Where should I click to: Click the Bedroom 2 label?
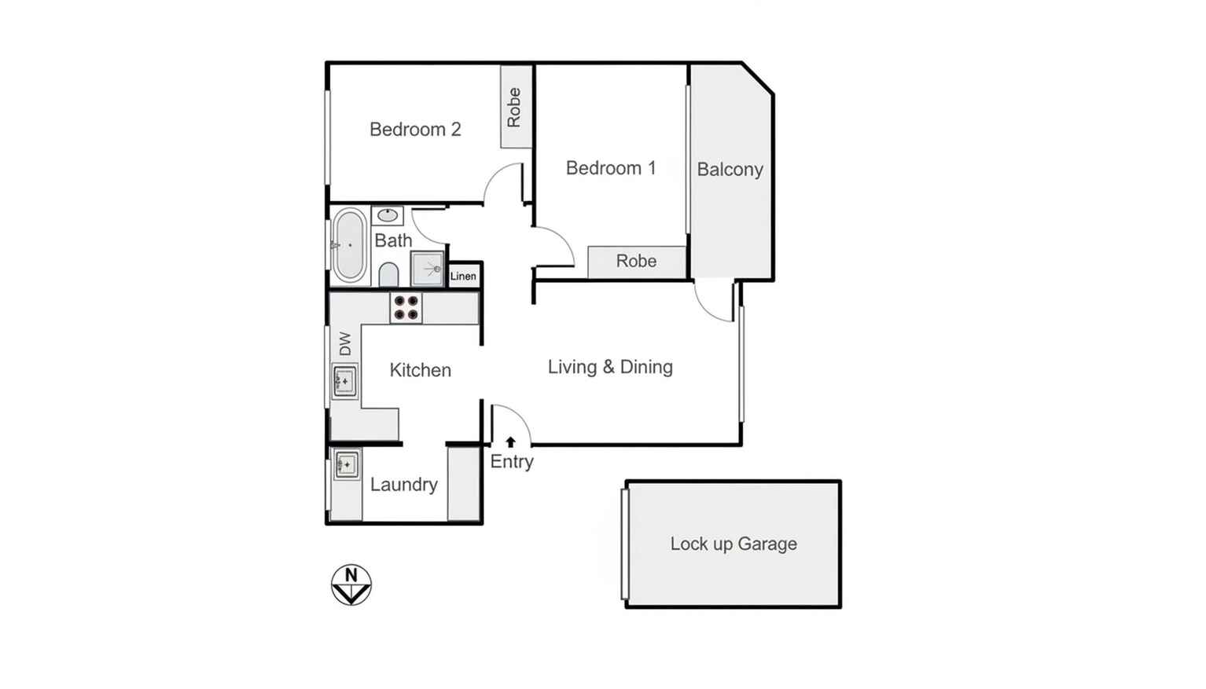pyautogui.click(x=415, y=130)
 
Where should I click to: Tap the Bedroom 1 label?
pyautogui.click(x=610, y=168)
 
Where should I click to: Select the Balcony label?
pyautogui.click(x=730, y=170)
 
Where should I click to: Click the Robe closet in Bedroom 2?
pyautogui.click(x=515, y=107)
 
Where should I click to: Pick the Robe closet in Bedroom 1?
pyautogui.click(x=636, y=261)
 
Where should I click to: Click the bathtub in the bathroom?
pyautogui.click(x=348, y=245)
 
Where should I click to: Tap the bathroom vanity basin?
pyautogui.click(x=387, y=215)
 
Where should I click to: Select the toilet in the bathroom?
pyautogui.click(x=388, y=275)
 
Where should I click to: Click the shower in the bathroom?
pyautogui.click(x=428, y=269)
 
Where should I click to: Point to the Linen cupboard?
pyautogui.click(x=463, y=276)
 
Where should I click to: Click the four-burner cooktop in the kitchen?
pyautogui.click(x=406, y=308)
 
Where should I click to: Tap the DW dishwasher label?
pyautogui.click(x=345, y=343)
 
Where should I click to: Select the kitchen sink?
pyautogui.click(x=344, y=382)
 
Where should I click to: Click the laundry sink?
pyautogui.click(x=346, y=464)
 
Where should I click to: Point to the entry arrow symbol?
pyautogui.click(x=510, y=442)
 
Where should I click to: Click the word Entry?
pyautogui.click(x=512, y=462)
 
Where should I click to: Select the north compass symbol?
pyautogui.click(x=351, y=585)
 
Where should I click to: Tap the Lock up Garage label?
pyautogui.click(x=733, y=544)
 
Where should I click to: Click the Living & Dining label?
pyautogui.click(x=610, y=367)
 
